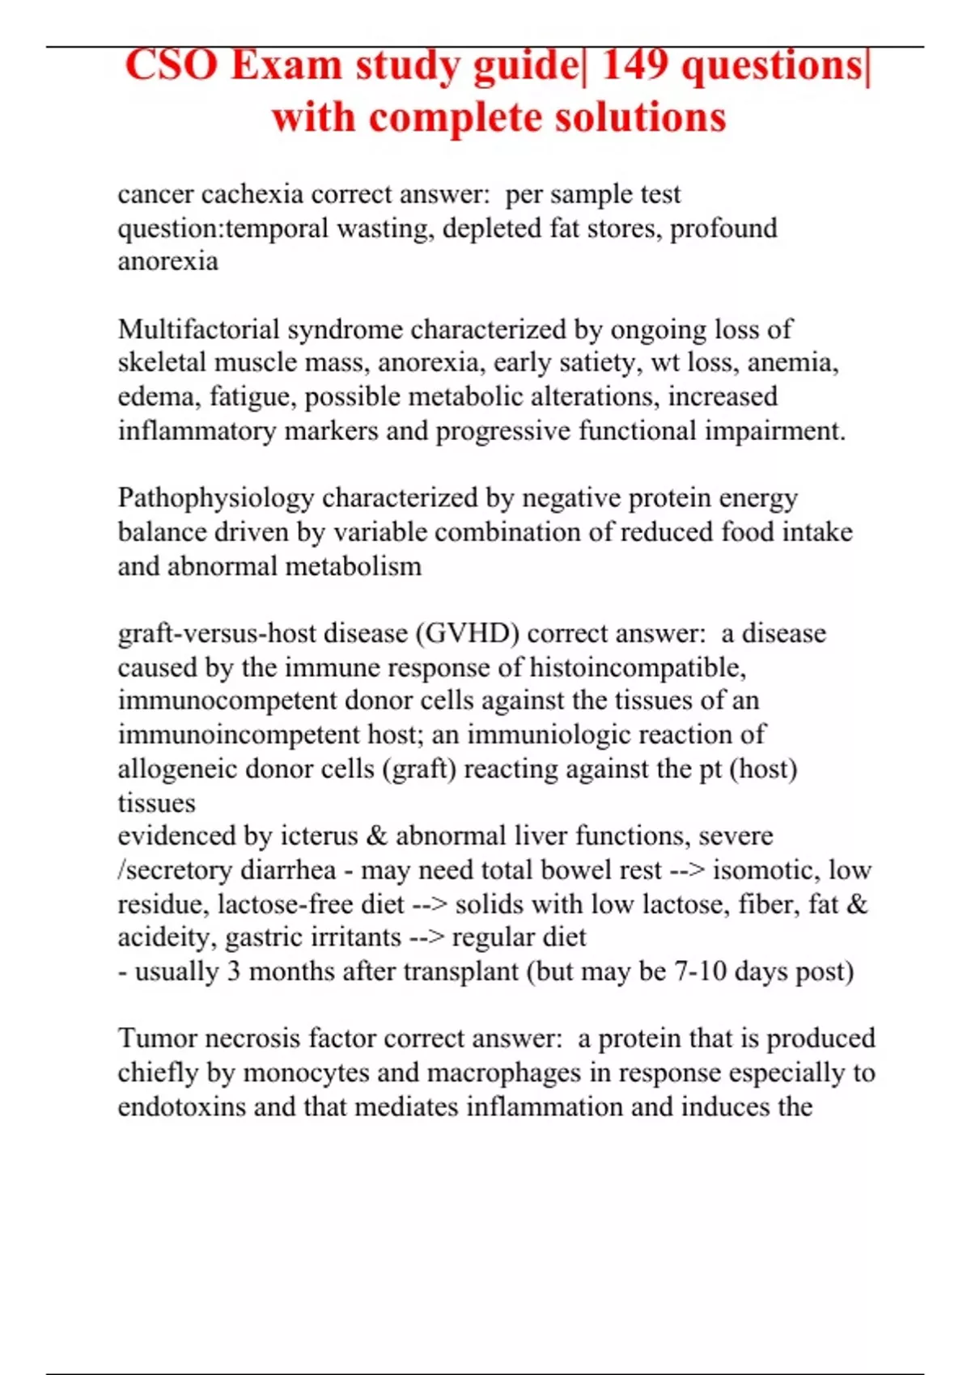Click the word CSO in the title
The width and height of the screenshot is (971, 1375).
(172, 66)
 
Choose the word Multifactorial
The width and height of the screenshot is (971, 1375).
(198, 329)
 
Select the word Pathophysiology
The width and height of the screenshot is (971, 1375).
(215, 497)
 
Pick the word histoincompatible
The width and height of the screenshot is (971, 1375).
(638, 667)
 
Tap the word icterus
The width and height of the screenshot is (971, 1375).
(319, 836)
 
